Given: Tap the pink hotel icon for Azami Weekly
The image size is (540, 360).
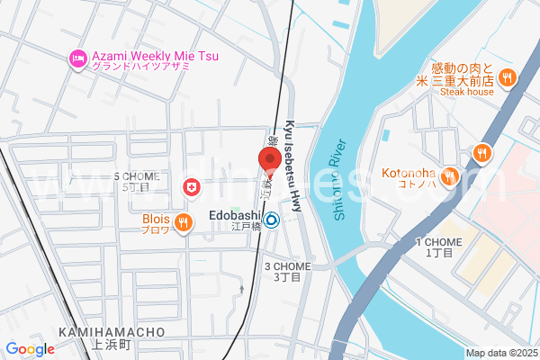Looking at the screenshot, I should pos(78,59).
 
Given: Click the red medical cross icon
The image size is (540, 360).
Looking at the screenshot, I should pos(191,187).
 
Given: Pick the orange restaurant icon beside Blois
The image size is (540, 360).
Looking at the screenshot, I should pos(183,222).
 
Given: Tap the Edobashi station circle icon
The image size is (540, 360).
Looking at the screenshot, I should pos(271,218).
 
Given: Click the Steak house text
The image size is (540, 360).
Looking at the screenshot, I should pos(467,92).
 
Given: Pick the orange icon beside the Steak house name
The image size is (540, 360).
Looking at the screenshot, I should pos(508,77).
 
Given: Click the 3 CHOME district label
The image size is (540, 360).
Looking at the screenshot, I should pos(286,266).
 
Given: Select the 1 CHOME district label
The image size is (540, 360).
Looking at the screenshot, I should pos(438,242).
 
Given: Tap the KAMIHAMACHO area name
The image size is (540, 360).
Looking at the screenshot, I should pos(112,332).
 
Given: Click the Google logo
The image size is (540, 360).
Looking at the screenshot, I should pos(30,348).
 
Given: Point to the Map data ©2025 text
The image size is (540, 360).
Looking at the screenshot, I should pos(500,353).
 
